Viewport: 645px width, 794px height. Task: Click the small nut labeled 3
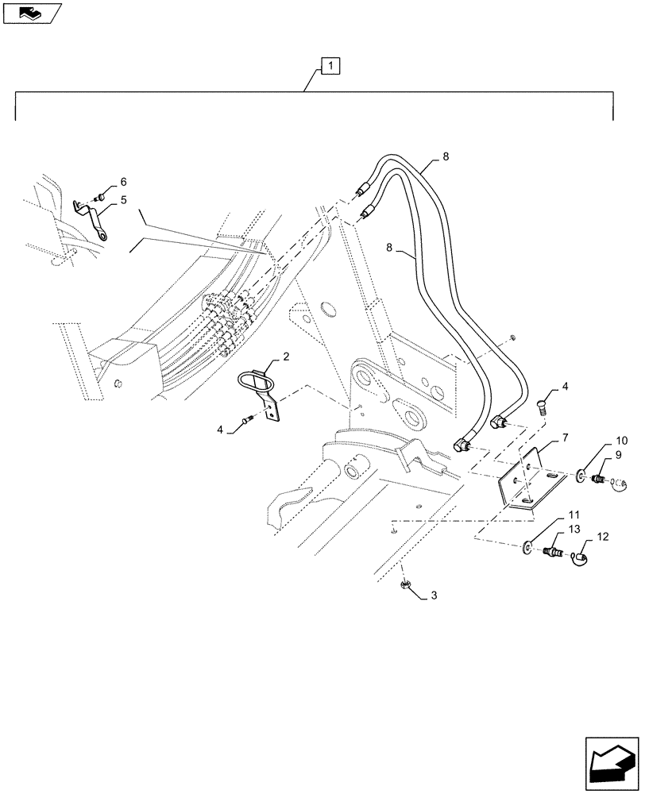(x=404, y=586)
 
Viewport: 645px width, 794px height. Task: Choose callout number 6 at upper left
(x=123, y=182)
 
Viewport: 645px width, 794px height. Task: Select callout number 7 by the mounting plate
(x=566, y=437)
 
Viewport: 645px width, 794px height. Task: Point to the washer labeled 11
(x=528, y=547)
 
